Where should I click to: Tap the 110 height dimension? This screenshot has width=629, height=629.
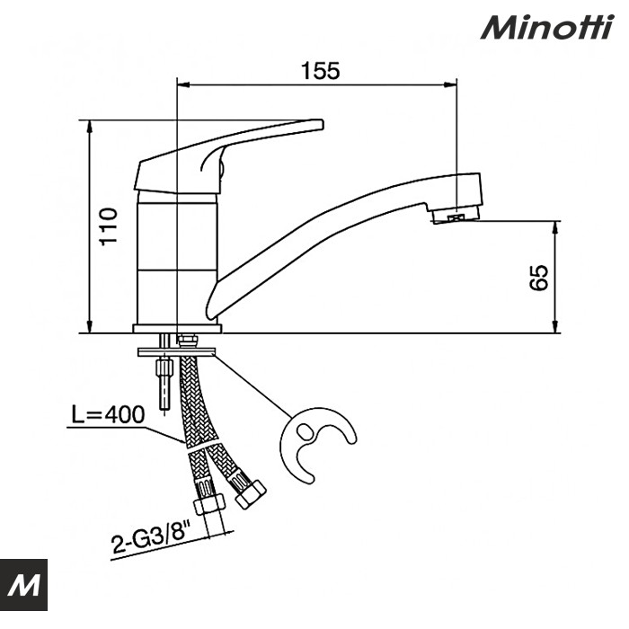pyautogui.click(x=108, y=227)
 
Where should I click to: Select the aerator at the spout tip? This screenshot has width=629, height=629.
pyautogui.click(x=454, y=217)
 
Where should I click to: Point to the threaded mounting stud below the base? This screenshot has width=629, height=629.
pyautogui.click(x=164, y=377)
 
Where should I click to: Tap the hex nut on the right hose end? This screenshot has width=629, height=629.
pyautogui.click(x=249, y=492)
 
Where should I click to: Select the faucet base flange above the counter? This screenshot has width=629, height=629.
pyautogui.click(x=175, y=328)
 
